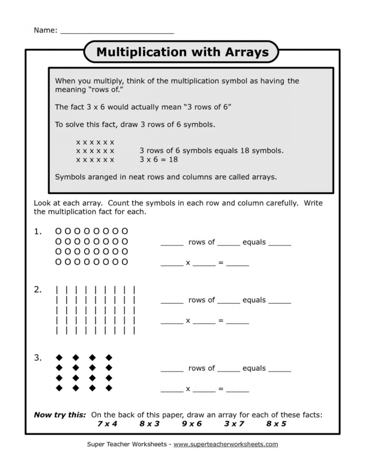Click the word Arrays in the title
coord(244,52)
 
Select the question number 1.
coord(38,232)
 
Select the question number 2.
coord(38,289)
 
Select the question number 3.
coord(38,358)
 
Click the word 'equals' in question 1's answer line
coord(254,242)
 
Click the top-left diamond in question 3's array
coord(59,357)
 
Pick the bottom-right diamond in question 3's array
coord(109,388)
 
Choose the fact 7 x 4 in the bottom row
coord(107,424)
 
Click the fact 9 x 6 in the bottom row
coord(192,424)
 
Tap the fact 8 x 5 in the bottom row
coord(276,424)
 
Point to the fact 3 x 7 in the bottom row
coord(234,424)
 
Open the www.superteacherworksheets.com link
coord(225,444)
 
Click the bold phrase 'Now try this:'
coord(60,415)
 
